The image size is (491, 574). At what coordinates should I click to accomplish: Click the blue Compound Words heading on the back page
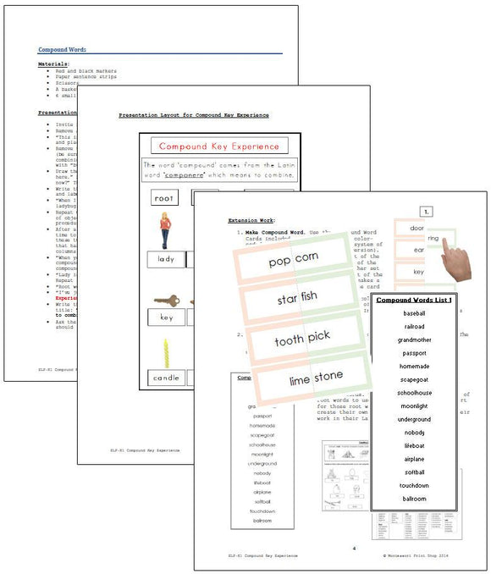62,50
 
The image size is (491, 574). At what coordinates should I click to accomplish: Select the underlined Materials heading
53,63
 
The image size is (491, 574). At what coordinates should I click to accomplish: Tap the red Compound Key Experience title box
218,146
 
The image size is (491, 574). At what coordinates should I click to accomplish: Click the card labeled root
164,198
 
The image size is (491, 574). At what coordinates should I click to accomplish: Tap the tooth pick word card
301,338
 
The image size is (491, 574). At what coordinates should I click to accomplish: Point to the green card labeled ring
433,240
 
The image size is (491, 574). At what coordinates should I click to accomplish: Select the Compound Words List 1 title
413,300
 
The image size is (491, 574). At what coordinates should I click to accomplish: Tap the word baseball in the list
413,313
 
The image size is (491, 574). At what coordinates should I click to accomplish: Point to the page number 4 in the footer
353,549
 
